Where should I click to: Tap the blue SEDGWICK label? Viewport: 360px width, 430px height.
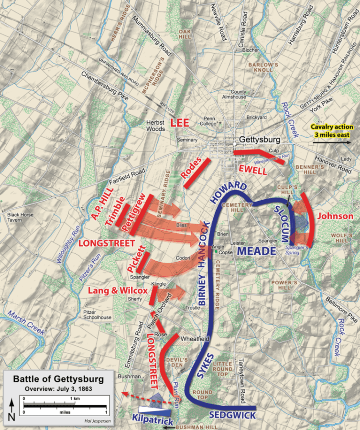point(232,416)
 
